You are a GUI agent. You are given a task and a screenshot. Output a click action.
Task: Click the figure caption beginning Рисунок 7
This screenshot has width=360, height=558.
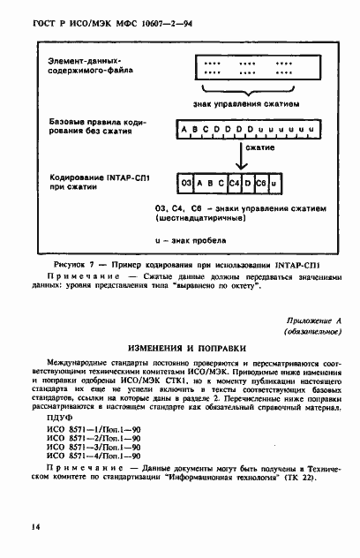point(180,264)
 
